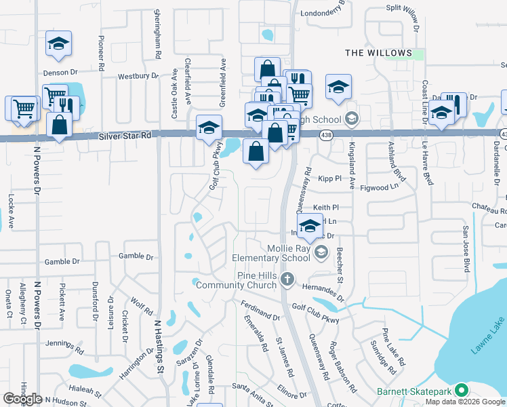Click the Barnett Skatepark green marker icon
coord(462,390)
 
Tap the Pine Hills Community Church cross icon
coord(287,278)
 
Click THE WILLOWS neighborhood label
coord(378,53)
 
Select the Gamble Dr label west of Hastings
coord(62,261)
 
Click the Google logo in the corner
coord(22,398)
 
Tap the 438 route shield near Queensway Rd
coord(326,136)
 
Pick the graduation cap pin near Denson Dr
coord(59,44)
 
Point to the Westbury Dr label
coord(138,76)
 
